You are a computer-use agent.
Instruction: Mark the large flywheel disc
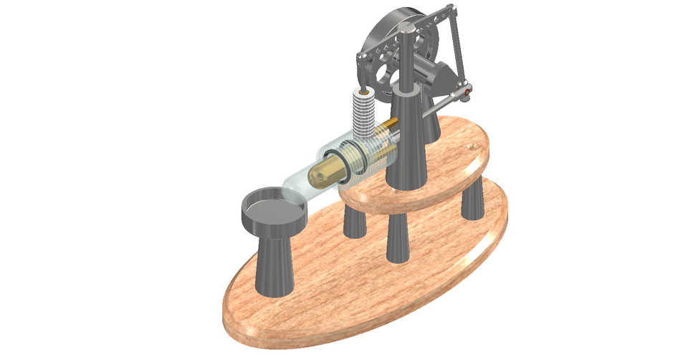387,43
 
